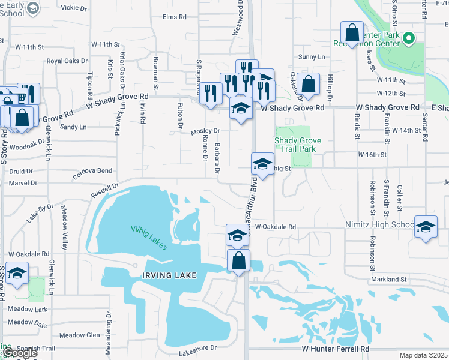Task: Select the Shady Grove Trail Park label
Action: click(298, 145)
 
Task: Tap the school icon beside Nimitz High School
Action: click(426, 227)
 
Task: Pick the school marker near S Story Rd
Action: click(17, 274)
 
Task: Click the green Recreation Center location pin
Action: click(409, 40)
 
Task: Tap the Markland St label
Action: click(389, 280)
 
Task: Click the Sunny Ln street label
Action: click(312, 57)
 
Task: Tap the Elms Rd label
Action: click(174, 17)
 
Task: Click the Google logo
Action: click(20, 353)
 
